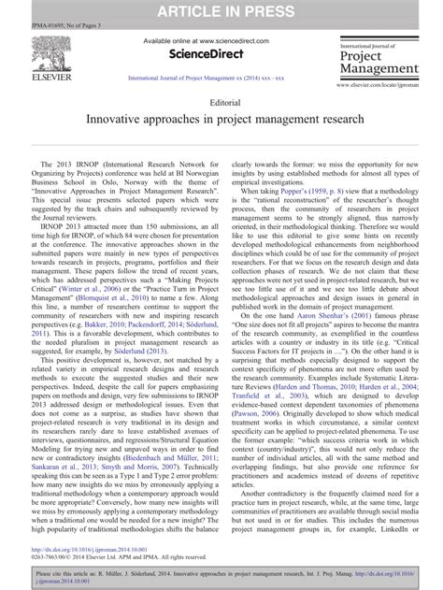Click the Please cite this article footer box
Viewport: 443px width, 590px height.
pos(221,575)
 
